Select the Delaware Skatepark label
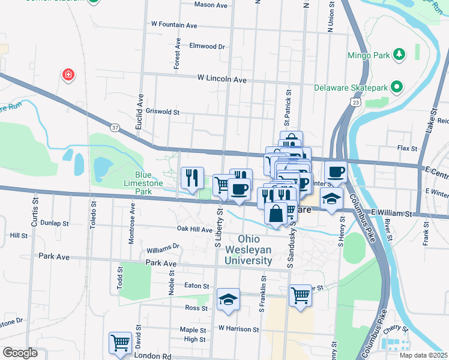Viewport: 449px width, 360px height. pyautogui.click(x=351, y=88)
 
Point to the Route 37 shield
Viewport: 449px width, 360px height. pyautogui.click(x=115, y=127)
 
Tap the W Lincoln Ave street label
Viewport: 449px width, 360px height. pyautogui.click(x=222, y=79)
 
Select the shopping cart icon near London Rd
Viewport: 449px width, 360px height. pyautogui.click(x=120, y=343)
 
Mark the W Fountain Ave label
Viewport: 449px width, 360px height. pyautogui.click(x=174, y=25)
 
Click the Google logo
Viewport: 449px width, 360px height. pyautogui.click(x=20, y=353)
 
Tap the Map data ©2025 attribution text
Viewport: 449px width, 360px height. pyautogui.click(x=423, y=355)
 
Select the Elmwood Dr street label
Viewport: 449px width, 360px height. pyautogui.click(x=206, y=46)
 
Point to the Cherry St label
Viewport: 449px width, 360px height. pyautogui.click(x=398, y=330)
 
